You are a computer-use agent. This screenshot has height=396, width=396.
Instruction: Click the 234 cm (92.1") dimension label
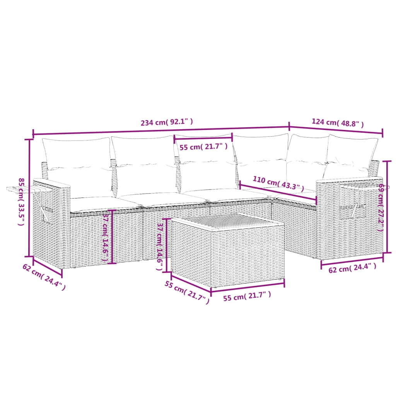pos(167,123)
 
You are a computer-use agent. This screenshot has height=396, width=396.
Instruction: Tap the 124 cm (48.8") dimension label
pos(338,123)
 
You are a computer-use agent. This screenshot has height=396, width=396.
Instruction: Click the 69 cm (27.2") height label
pos(381,207)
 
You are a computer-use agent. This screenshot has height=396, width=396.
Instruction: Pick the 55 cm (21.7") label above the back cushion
pos(203,147)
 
